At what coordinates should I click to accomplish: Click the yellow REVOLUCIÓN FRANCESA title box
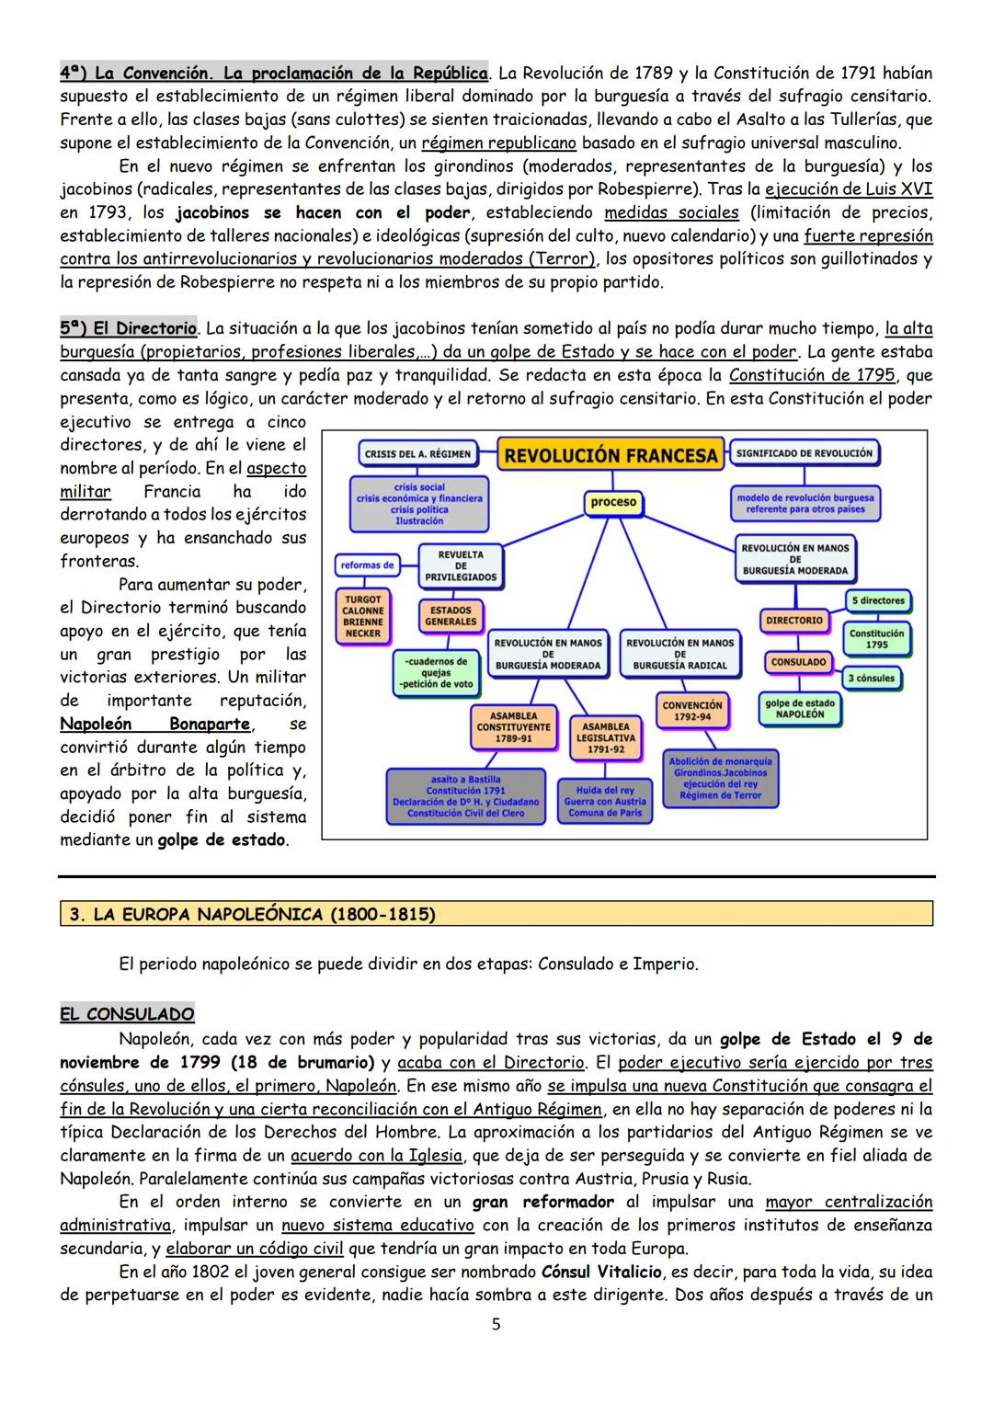point(611,455)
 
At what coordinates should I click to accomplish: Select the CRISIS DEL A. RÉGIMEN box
point(417,453)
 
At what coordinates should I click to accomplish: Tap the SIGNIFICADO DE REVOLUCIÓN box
point(805,453)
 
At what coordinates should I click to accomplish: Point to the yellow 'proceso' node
point(613,502)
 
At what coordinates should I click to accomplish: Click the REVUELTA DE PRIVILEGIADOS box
point(461,565)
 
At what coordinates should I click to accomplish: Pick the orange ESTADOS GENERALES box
point(451,616)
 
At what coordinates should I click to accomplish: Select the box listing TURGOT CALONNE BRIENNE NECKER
point(363,615)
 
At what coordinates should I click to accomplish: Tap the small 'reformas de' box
point(367,565)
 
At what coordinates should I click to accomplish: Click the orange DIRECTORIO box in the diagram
point(794,621)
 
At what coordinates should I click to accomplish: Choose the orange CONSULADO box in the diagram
point(798,662)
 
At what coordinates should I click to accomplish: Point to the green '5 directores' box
point(877,601)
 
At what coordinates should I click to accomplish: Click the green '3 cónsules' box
point(872,679)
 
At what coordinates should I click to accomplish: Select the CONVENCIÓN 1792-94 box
point(692,711)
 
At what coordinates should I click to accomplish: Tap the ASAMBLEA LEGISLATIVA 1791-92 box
point(606,737)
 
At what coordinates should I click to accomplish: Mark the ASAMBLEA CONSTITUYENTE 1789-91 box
point(514,726)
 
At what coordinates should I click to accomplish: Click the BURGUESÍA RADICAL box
point(680,654)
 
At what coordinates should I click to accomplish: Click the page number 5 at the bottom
point(496,1325)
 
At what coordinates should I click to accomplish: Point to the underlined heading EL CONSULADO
point(127,1014)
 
